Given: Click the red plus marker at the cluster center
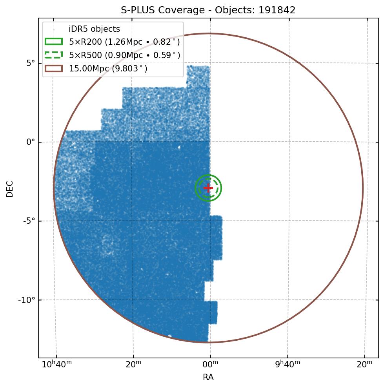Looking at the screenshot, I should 208,188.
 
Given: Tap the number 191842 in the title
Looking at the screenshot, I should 277,10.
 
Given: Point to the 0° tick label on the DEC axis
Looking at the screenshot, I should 31,142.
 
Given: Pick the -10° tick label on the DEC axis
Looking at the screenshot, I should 27,300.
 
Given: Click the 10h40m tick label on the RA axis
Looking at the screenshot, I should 56,364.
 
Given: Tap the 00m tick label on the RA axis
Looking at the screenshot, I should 210,365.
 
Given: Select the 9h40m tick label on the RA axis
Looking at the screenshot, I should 287,364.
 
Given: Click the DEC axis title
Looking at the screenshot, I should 10,188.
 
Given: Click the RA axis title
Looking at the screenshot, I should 208,378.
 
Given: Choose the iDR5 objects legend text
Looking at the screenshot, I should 94,29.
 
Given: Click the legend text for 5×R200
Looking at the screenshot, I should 124,42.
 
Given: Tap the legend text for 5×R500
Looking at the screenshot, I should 124,55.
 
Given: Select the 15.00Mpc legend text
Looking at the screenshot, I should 108,69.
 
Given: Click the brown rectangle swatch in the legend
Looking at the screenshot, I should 54,69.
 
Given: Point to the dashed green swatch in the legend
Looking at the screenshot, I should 54,55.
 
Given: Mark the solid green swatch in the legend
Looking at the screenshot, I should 54,42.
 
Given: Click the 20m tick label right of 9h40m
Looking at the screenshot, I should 364,365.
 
